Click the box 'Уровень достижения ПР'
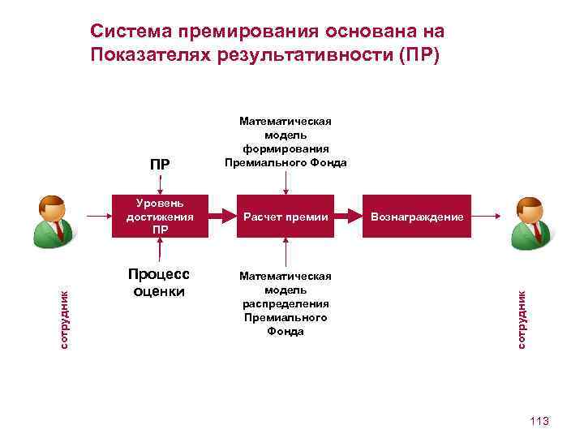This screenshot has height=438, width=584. pyautogui.click(x=160, y=217)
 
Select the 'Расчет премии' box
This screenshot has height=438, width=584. pyautogui.click(x=285, y=217)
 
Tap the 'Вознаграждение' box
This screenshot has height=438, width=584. pyautogui.click(x=417, y=217)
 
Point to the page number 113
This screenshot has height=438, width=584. pyautogui.click(x=539, y=421)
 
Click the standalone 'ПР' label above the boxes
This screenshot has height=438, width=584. pyautogui.click(x=160, y=165)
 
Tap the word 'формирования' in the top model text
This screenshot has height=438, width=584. pyautogui.click(x=286, y=148)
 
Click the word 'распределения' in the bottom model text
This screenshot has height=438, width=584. pyautogui.click(x=285, y=303)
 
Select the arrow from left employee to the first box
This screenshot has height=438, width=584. pyautogui.click(x=97, y=217)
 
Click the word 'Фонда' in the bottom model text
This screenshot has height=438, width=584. pyautogui.click(x=285, y=332)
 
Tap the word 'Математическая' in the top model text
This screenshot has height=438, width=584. pyautogui.click(x=286, y=121)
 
